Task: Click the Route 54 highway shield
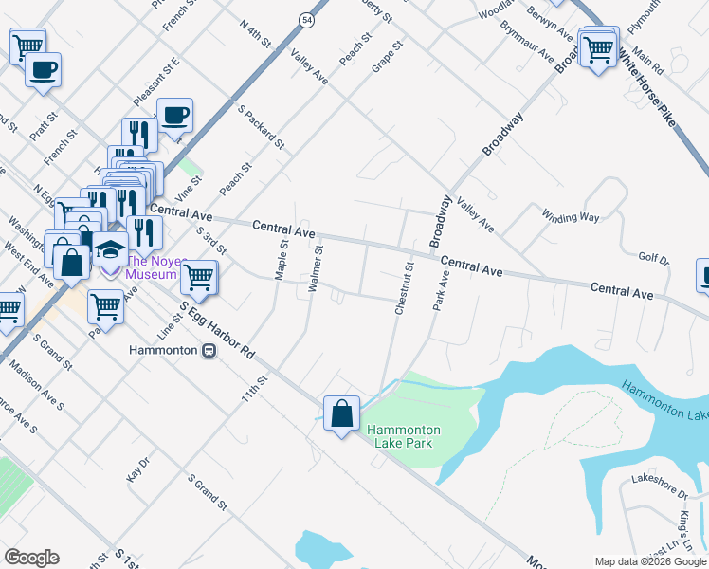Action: coord(306,18)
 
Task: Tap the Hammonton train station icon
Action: coord(209,349)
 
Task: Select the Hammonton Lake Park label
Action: coord(404,436)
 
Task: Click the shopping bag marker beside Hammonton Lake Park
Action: coord(341,414)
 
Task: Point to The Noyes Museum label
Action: coord(152,267)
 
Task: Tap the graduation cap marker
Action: coord(110,250)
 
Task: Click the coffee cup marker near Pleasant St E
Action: coord(174,117)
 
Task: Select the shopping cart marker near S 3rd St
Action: coord(199,277)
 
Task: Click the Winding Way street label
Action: coord(571,216)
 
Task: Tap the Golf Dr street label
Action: coord(653,258)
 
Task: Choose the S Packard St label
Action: coord(262,128)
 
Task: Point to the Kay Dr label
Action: coord(138,471)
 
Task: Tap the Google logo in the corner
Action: coord(31,558)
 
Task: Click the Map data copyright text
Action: coord(650,560)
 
